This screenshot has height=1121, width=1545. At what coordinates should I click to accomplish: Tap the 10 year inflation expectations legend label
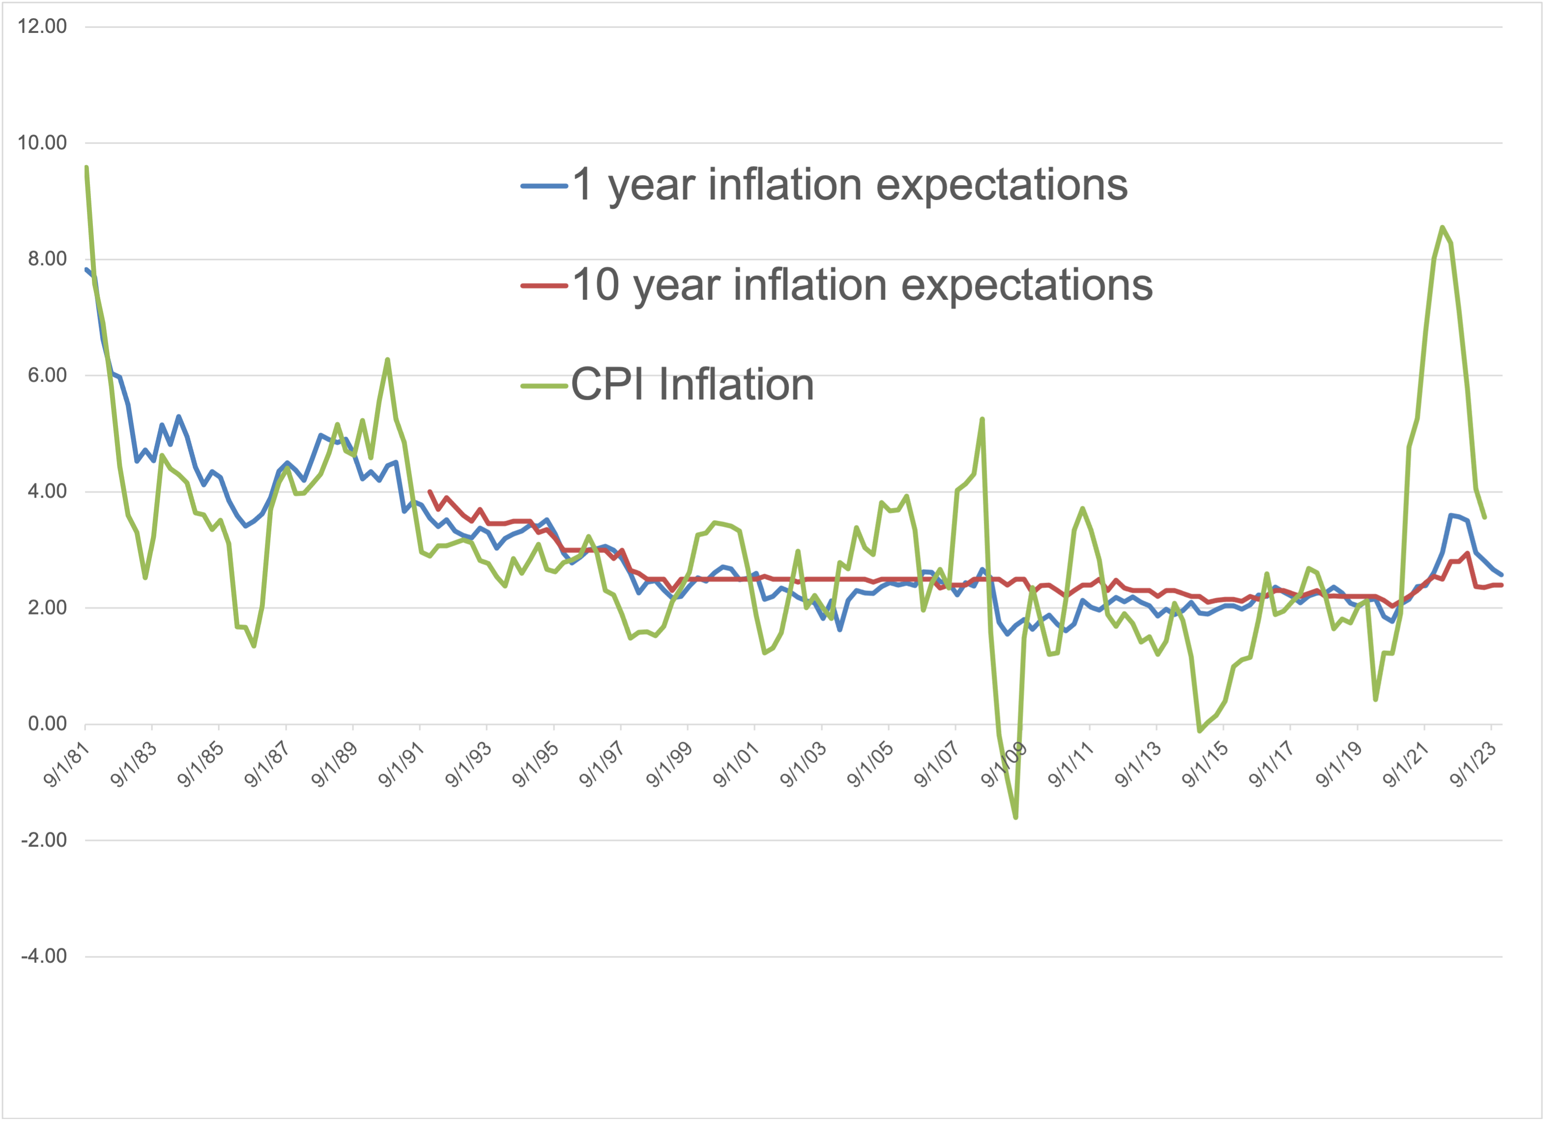tap(862, 285)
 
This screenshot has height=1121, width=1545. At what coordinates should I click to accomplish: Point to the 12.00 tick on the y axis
tap(43, 27)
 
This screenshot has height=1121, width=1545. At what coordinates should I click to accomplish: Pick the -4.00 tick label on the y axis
tap(44, 955)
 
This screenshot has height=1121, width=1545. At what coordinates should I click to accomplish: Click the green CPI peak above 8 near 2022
tap(1442, 227)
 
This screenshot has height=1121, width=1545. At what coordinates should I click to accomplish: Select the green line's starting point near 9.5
tap(86, 167)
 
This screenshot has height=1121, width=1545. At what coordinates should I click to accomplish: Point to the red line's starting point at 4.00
tap(429, 491)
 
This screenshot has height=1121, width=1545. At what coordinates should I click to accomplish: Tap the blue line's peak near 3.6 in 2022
tap(1451, 515)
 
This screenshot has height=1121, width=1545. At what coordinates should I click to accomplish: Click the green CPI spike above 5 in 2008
tap(982, 419)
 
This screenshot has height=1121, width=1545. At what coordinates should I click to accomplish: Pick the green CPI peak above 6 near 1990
tap(388, 359)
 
